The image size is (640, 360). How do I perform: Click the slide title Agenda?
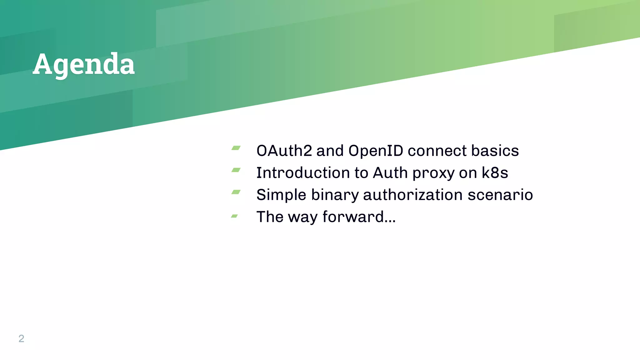point(83,64)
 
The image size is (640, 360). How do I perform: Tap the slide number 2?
point(21,338)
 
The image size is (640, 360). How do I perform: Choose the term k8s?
point(495,173)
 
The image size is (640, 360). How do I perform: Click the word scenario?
point(500,195)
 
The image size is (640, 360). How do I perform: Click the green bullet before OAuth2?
point(236,148)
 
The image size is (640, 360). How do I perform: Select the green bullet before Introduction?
point(236,170)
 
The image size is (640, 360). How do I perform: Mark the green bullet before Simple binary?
point(236,192)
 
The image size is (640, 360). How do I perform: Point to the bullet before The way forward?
point(235,216)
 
